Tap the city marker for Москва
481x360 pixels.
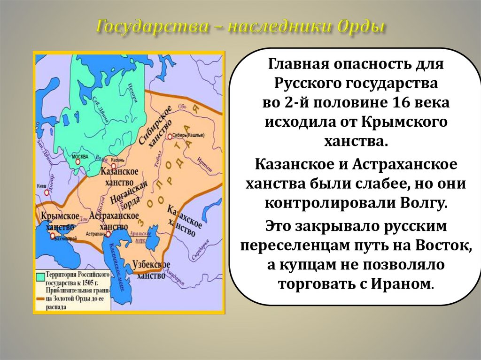(x=78, y=161)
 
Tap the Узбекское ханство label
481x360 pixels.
(x=151, y=270)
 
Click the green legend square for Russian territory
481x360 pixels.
(x=39, y=276)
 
